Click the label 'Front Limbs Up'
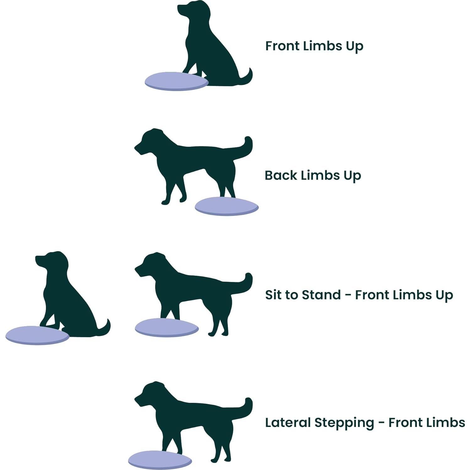314,46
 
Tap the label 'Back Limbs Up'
313,176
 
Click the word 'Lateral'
288,422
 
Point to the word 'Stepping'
344,423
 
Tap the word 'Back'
281,175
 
